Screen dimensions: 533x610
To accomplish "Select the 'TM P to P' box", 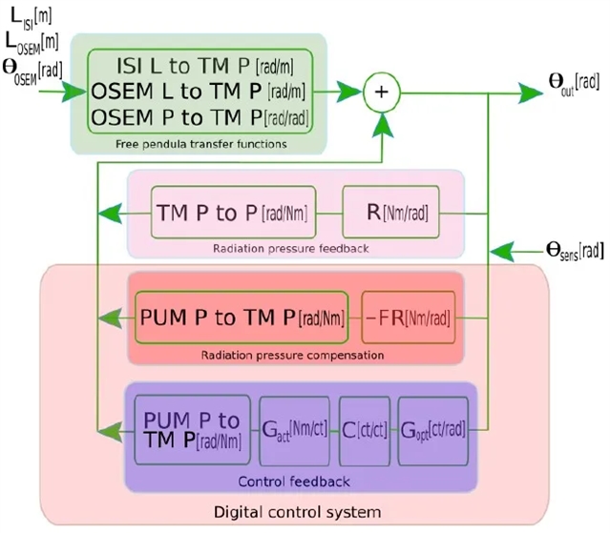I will (233, 212).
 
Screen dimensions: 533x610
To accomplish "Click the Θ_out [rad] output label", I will (573, 83).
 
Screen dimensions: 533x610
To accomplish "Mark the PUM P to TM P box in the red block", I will (242, 316).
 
